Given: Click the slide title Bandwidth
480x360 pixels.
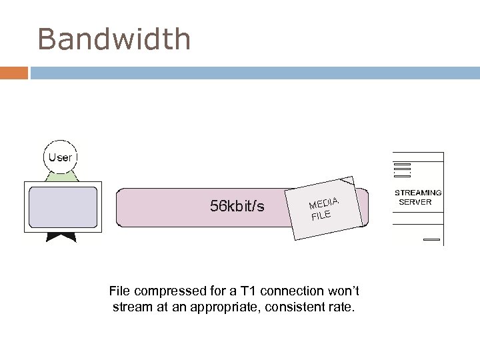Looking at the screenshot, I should tap(114, 39).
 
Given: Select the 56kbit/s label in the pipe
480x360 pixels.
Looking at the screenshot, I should tap(237, 207).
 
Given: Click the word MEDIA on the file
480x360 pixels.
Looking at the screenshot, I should tap(325, 201).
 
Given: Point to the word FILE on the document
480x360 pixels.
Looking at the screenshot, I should tap(321, 215).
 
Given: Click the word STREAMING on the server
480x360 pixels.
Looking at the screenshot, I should tap(419, 193).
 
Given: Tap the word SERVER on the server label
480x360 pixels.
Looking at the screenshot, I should tap(415, 202).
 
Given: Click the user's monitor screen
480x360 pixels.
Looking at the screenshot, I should tap(61, 207).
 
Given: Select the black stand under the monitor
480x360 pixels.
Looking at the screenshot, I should tap(61, 236).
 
